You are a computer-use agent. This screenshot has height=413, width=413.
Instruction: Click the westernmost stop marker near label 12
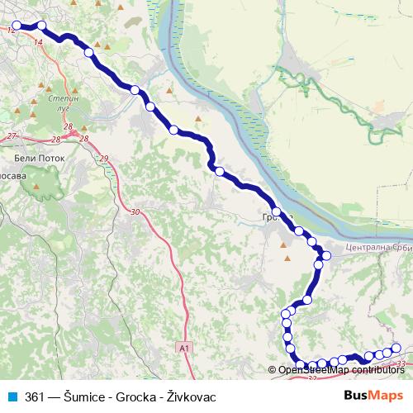pos(17,26)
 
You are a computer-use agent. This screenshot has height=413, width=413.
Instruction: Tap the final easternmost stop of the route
pos(396,348)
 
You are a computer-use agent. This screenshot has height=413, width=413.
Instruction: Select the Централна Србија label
pos(376,248)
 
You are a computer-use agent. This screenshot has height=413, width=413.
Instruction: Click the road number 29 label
pos(103,159)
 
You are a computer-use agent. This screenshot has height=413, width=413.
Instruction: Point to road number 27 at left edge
pos(11,135)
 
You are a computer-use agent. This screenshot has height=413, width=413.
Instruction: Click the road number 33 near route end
pos(401,363)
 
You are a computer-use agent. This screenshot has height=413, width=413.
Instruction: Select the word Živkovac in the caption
pos(191,396)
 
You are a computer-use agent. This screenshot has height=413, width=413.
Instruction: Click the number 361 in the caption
pos(36,396)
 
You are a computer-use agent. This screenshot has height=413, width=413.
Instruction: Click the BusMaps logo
pos(368,396)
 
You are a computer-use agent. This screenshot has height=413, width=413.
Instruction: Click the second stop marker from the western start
pos(41,26)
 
